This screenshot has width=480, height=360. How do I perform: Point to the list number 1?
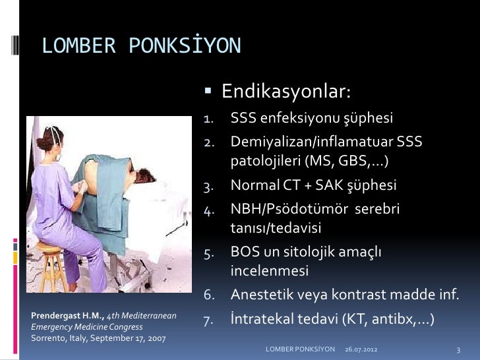[208, 119]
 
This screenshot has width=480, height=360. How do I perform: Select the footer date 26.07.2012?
[362, 347]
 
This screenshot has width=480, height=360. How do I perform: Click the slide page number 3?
[457, 347]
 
